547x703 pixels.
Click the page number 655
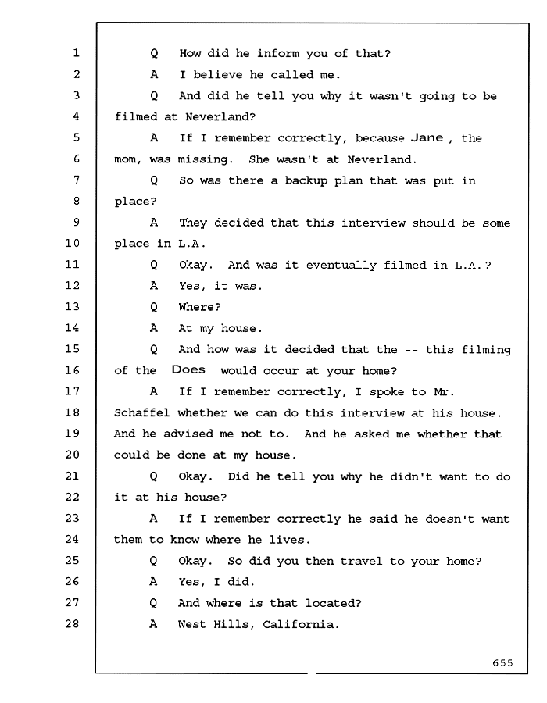502,662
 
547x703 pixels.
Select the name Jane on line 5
427,137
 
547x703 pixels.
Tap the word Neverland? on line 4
220,117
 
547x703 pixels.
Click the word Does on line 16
188,370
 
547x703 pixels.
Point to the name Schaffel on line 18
141,413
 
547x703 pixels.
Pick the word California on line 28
299,624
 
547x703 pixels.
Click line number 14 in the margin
72,328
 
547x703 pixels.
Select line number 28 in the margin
72,623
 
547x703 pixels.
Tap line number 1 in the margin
77,53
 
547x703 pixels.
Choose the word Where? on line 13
199,307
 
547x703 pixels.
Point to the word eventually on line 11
341,266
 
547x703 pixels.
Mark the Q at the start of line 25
153,562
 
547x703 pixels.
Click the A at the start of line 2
154,74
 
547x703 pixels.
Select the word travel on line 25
361,561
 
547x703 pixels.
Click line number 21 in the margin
72,476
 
